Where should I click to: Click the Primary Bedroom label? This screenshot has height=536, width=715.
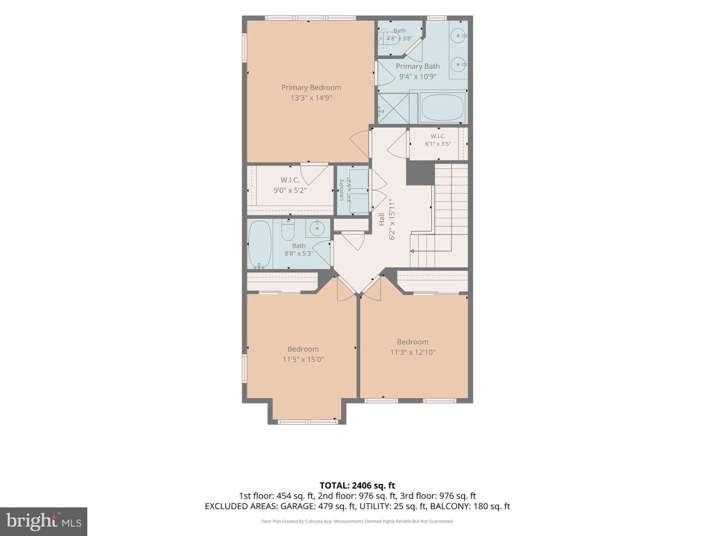pyautogui.click(x=311, y=87)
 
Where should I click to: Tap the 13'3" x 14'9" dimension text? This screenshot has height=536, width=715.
pyautogui.click(x=311, y=98)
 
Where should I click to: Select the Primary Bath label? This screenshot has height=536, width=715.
pyautogui.click(x=418, y=66)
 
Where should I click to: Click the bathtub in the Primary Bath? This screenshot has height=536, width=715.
pyautogui.click(x=441, y=108)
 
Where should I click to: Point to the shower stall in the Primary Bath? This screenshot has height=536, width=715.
pyautogui.click(x=393, y=108)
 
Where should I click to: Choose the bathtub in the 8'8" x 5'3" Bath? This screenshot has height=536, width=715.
pyautogui.click(x=260, y=243)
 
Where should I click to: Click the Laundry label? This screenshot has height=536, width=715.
pyautogui.click(x=341, y=190)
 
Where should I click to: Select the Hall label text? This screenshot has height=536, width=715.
pyautogui.click(x=382, y=219)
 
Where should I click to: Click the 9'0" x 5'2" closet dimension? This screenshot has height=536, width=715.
pyautogui.click(x=290, y=191)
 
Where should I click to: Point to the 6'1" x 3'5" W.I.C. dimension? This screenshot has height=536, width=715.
pyautogui.click(x=438, y=143)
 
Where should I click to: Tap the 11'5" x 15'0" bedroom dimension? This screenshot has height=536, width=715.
pyautogui.click(x=303, y=359)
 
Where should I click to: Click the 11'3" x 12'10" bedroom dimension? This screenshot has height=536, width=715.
pyautogui.click(x=413, y=352)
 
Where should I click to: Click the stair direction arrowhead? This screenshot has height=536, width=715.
pyautogui.click(x=412, y=251)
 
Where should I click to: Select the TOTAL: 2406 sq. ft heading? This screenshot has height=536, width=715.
pyautogui.click(x=357, y=485)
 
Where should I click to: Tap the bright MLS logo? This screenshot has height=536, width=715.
pyautogui.click(x=44, y=521)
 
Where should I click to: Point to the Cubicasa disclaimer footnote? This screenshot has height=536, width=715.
pyautogui.click(x=357, y=521)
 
